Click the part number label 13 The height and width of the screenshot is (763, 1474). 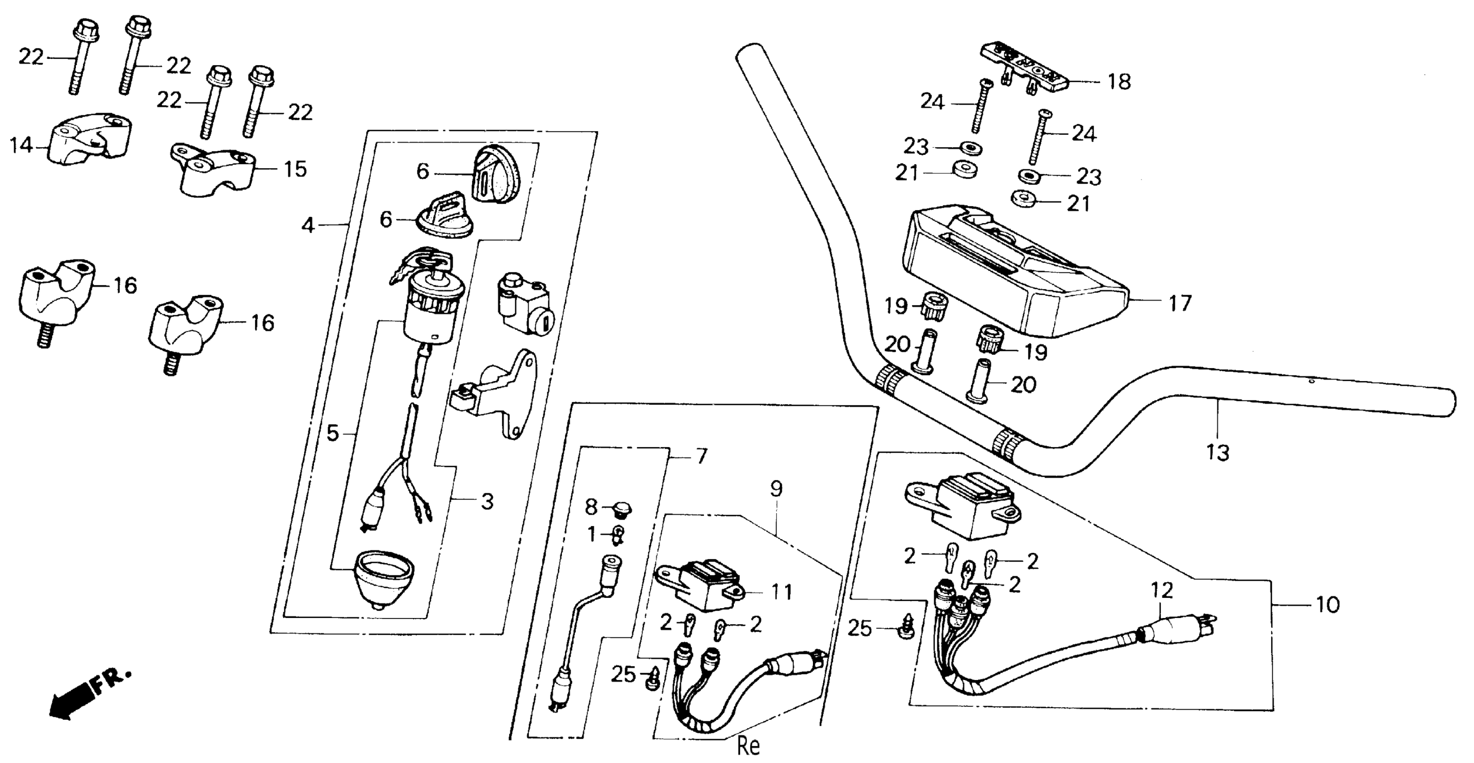[1218, 452]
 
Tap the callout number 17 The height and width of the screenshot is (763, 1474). [1179, 303]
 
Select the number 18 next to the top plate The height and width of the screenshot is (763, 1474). [1119, 82]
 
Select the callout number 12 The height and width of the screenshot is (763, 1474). [1161, 590]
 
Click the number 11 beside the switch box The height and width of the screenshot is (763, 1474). [781, 592]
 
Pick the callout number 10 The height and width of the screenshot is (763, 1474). [1328, 605]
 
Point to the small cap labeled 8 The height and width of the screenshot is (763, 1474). [622, 507]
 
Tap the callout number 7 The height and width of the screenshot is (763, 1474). [702, 456]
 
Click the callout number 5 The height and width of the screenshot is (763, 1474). [332, 434]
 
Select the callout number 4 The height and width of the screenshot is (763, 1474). [308, 225]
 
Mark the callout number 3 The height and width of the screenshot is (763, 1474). [486, 502]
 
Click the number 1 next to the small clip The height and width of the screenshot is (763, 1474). [591, 535]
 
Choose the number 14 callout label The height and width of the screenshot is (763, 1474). [21, 146]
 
